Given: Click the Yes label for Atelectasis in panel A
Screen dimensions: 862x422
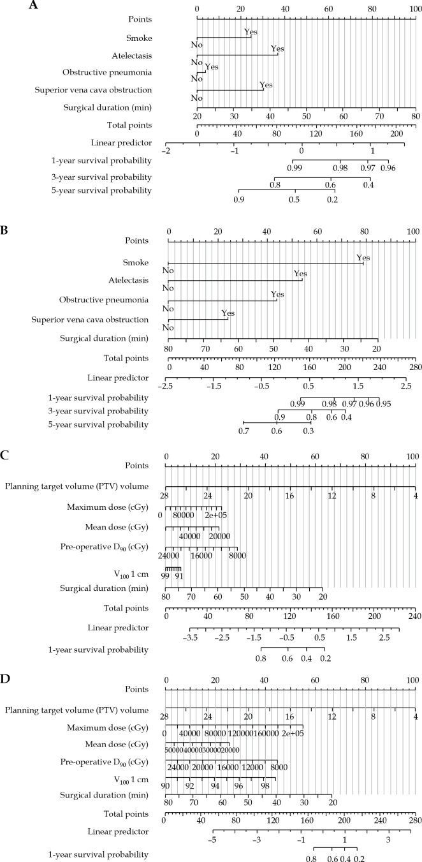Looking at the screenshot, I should [x=277, y=48].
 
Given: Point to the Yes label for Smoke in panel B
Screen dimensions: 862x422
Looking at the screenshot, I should [x=363, y=258].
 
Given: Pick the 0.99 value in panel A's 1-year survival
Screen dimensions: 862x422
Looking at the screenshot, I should [x=294, y=167].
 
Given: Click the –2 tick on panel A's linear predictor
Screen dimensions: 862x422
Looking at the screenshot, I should [x=166, y=151].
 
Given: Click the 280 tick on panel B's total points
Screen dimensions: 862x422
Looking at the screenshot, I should [x=415, y=369].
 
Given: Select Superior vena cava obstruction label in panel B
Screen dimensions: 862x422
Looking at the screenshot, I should [x=94, y=319].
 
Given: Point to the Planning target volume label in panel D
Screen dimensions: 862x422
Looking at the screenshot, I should [x=76, y=709].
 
